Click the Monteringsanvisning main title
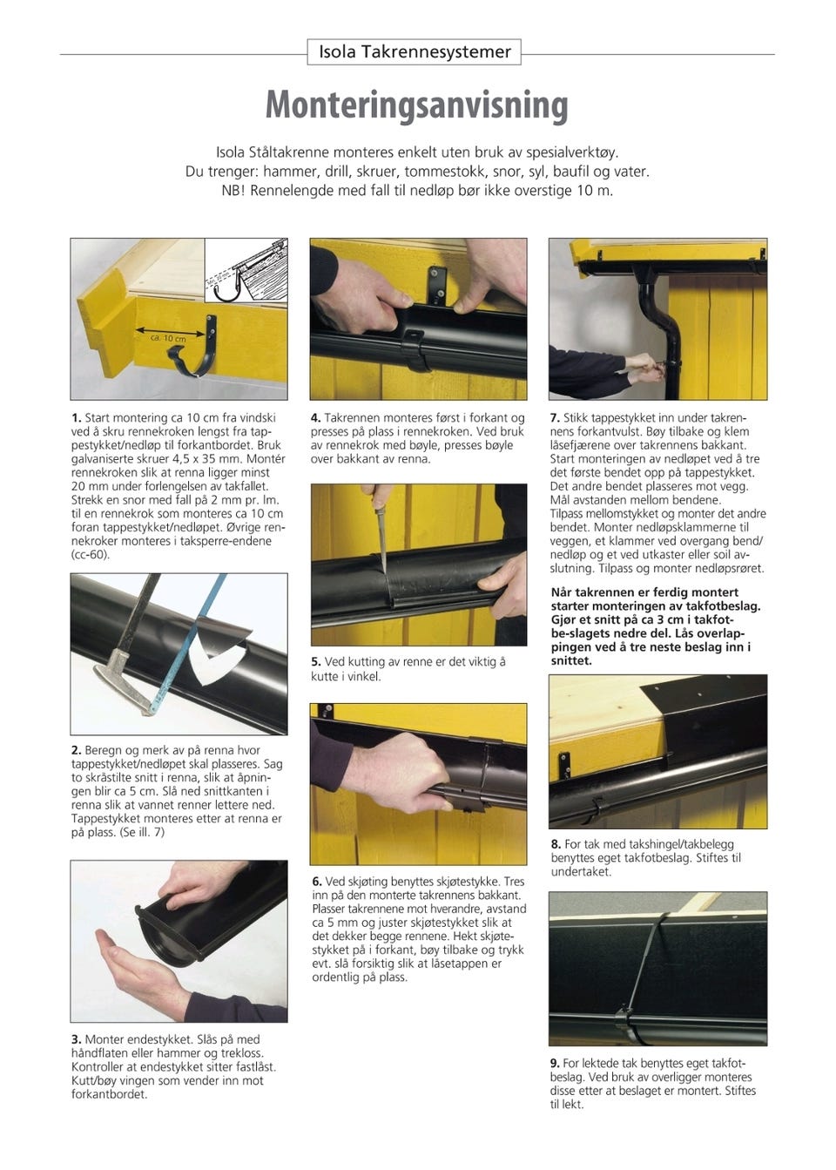click(x=417, y=106)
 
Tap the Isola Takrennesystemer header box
click(x=415, y=51)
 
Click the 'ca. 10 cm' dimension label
click(x=168, y=339)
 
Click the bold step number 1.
click(x=77, y=418)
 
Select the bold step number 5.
click(x=316, y=662)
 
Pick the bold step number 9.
click(x=555, y=1063)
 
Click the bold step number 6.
click(x=317, y=882)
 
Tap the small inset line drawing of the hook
click(x=246, y=271)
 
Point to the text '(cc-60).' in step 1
click(x=91, y=555)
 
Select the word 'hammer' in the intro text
click(x=290, y=172)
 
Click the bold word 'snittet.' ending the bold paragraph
click(x=571, y=660)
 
